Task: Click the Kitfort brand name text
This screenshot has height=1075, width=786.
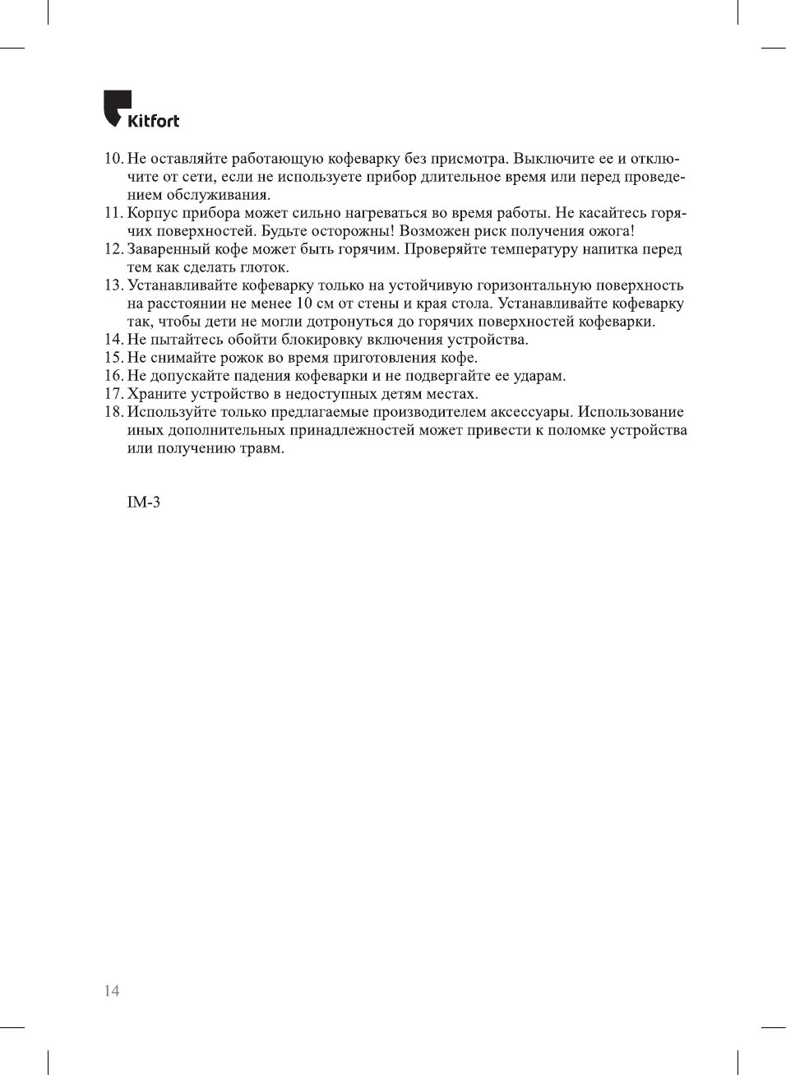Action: (x=153, y=121)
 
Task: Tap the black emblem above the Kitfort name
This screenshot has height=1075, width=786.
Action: (x=117, y=104)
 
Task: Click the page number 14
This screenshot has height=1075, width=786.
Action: (x=112, y=990)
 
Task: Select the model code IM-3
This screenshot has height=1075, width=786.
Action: (x=144, y=502)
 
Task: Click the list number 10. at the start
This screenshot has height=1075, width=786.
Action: (x=113, y=159)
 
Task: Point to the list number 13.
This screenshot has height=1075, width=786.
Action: (x=113, y=285)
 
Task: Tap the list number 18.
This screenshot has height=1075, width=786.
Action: (x=113, y=412)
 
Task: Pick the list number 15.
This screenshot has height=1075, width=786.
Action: (x=113, y=358)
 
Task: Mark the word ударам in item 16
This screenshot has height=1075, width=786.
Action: (x=539, y=376)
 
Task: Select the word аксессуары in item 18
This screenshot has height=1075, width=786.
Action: (x=531, y=412)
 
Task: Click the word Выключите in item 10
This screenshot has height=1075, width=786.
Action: (x=551, y=159)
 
